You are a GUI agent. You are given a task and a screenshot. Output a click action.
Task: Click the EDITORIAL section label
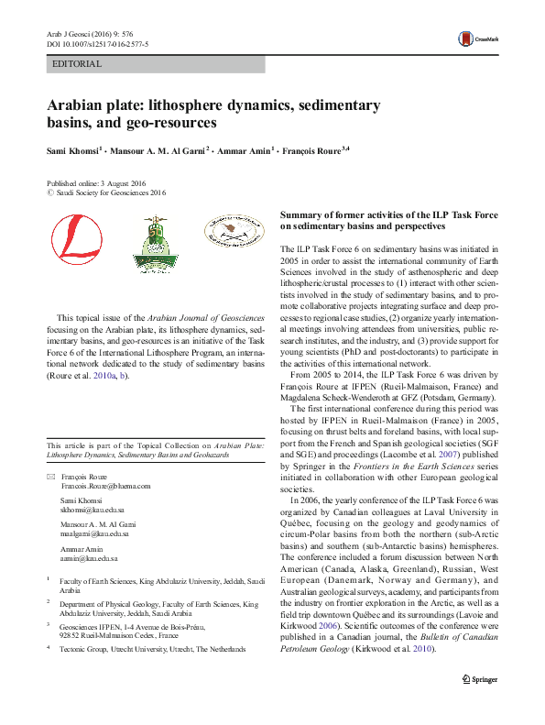79,64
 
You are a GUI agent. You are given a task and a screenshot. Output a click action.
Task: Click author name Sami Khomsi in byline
74,148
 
